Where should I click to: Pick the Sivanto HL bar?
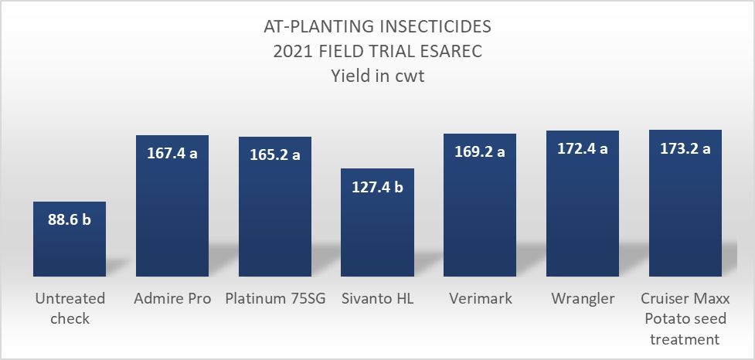pos(377,232)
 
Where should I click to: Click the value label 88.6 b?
pos(70,220)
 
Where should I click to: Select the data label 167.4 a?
pos(172,153)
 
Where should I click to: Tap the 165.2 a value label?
pos(274,155)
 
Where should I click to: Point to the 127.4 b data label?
pos(377,186)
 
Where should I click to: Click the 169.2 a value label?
pos(479,151)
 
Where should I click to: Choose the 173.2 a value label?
pos(685,148)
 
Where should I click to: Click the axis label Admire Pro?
pos(172,299)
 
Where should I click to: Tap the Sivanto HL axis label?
pos(377,299)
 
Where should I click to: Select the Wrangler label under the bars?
pos(582,299)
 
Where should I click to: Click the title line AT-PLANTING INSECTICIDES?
pos(377,29)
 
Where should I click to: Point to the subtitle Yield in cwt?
pos(377,76)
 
